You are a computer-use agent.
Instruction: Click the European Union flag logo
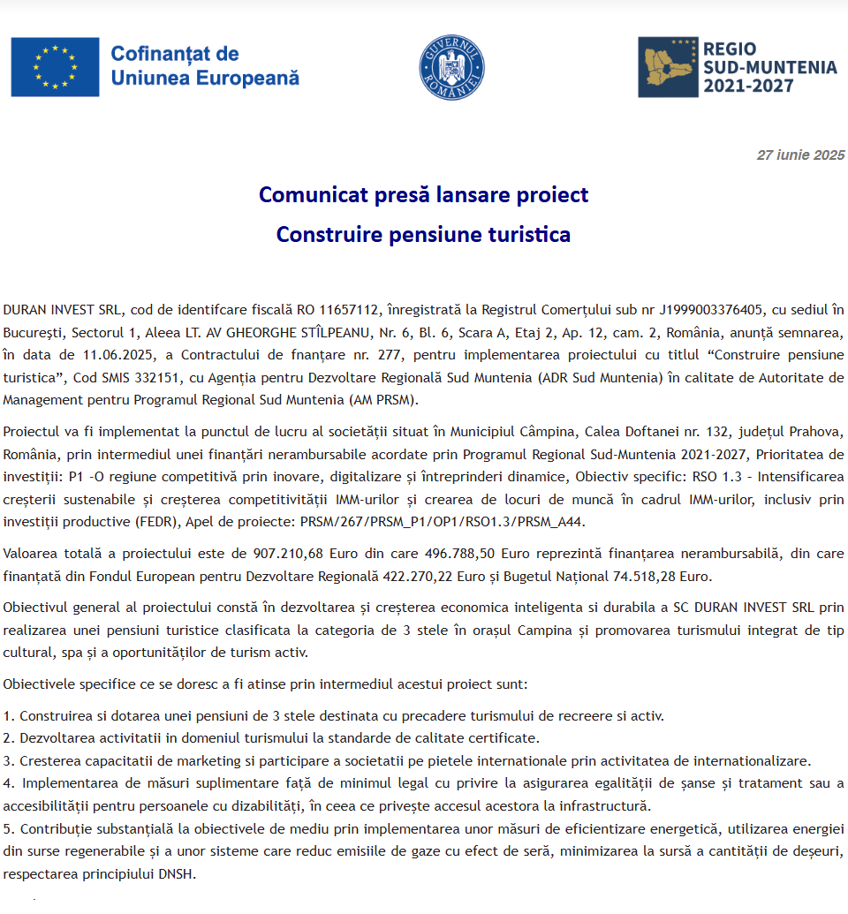pyautogui.click(x=55, y=67)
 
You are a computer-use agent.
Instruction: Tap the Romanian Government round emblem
pyautogui.click(x=451, y=67)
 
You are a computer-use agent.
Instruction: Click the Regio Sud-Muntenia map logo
pyautogui.click(x=666, y=67)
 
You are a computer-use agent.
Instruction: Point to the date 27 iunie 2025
pyautogui.click(x=800, y=155)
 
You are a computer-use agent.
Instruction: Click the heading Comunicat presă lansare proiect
pyautogui.click(x=423, y=194)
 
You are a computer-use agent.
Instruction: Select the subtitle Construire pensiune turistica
pyautogui.click(x=423, y=234)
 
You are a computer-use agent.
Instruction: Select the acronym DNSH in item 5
pyautogui.click(x=178, y=873)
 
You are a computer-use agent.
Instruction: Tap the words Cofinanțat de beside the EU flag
pyautogui.click(x=174, y=55)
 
